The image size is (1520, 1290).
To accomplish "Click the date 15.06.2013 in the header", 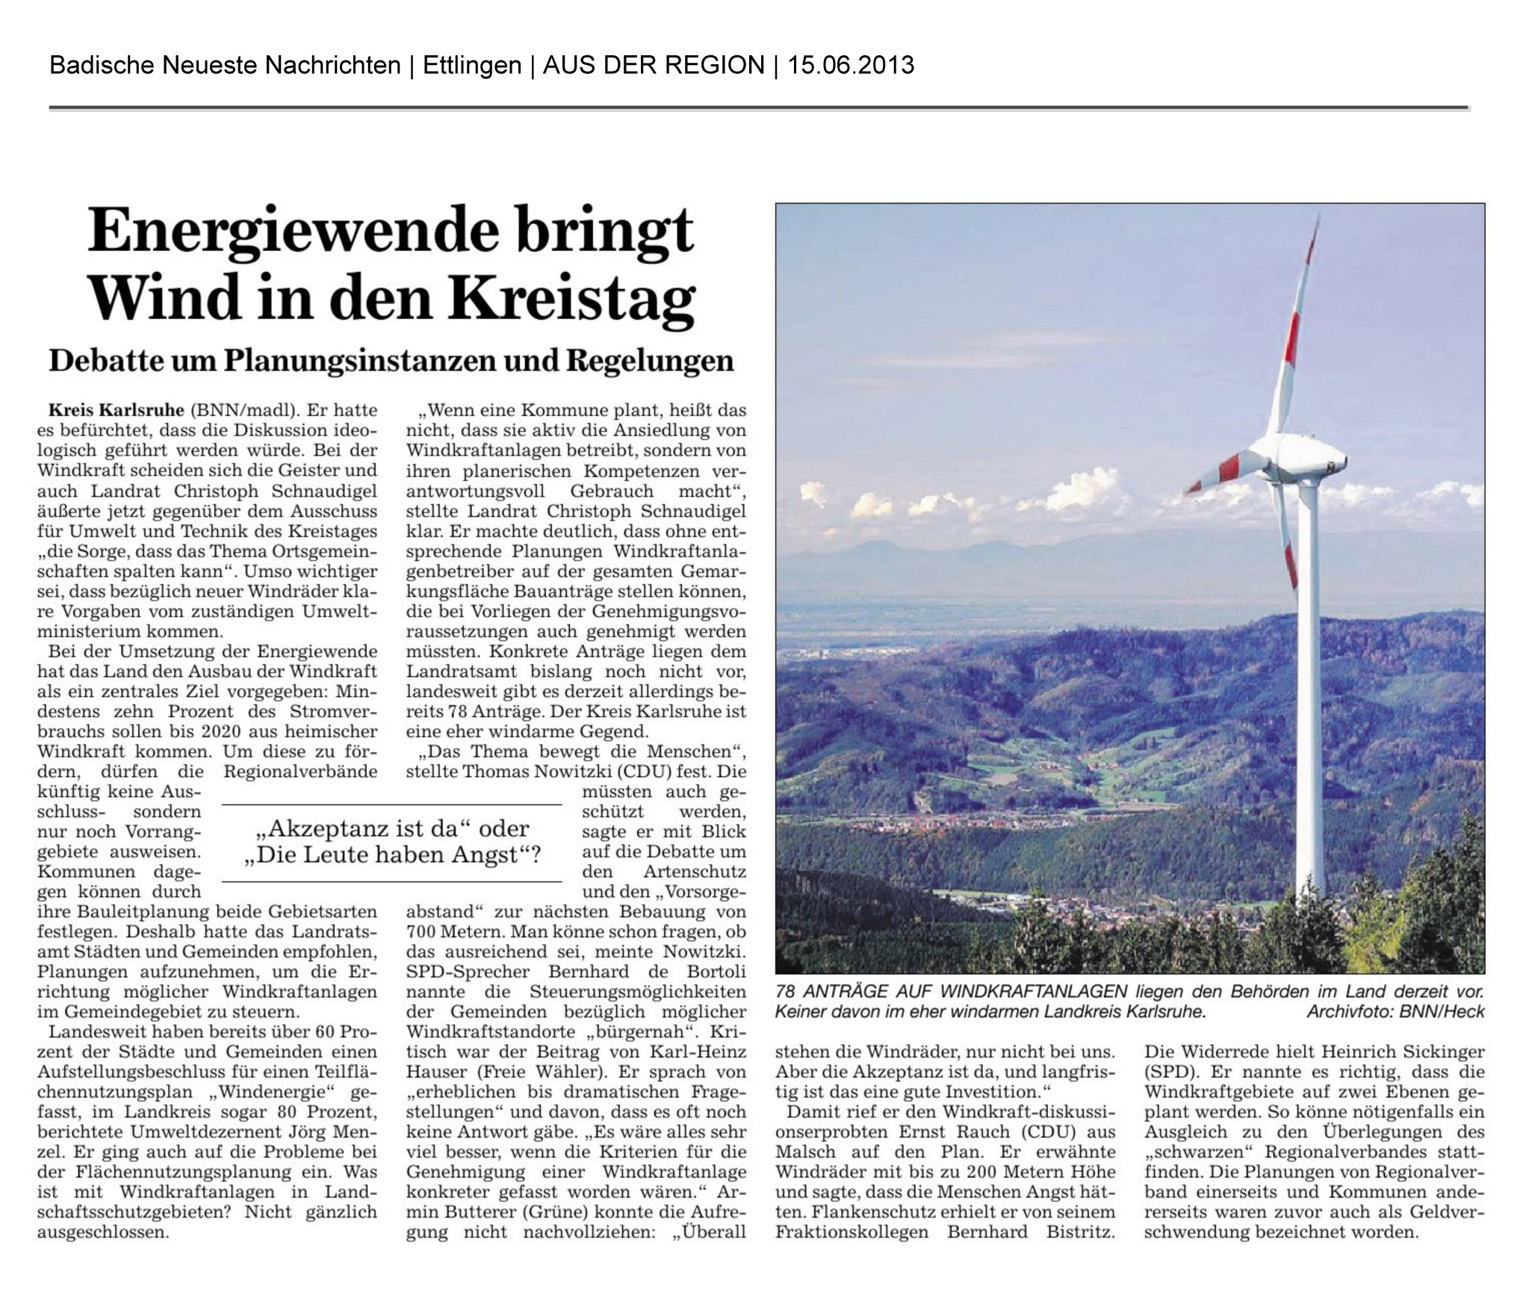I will pos(851,66).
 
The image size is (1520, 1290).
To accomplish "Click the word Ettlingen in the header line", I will pos(471,66).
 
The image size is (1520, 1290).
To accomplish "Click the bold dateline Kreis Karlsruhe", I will pos(116,410).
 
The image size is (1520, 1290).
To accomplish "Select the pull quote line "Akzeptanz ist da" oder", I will pos(391,828).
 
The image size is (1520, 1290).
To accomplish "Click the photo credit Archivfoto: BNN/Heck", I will pos(1395,1012).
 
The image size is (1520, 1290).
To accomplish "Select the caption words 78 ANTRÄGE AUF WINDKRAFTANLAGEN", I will pos(951,992).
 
